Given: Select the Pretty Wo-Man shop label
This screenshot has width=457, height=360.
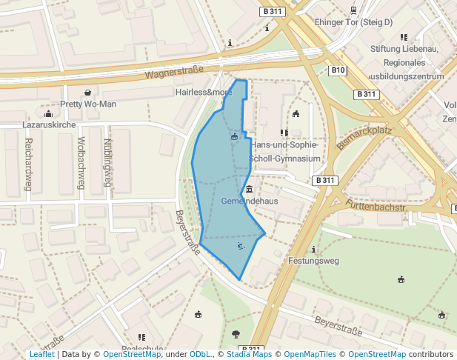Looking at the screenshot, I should pyautogui.click(x=88, y=104).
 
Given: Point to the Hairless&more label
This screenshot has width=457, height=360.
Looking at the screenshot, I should pyautogui.click(x=204, y=93).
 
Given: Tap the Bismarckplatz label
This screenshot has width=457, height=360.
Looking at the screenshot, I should pyautogui.click(x=364, y=138).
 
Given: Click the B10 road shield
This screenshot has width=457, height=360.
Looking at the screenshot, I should pyautogui.click(x=338, y=70).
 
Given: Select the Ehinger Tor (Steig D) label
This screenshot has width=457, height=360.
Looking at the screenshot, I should pyautogui.click(x=353, y=22).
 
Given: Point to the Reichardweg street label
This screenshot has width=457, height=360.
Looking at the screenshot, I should pyautogui.click(x=28, y=164).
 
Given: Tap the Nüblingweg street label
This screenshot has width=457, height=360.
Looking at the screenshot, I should pyautogui.click(x=107, y=162).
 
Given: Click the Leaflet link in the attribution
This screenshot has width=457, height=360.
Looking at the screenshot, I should pyautogui.click(x=42, y=354).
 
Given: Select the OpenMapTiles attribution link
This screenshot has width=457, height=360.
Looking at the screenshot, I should pyautogui.click(x=307, y=354).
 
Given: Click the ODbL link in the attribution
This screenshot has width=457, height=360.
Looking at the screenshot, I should pyautogui.click(x=200, y=354).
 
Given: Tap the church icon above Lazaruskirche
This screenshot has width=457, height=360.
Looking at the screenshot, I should pyautogui.click(x=49, y=114).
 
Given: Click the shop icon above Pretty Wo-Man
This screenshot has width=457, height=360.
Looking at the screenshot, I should pyautogui.click(x=88, y=93).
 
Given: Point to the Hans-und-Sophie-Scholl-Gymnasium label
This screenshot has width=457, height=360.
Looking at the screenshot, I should pyautogui.click(x=286, y=151).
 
